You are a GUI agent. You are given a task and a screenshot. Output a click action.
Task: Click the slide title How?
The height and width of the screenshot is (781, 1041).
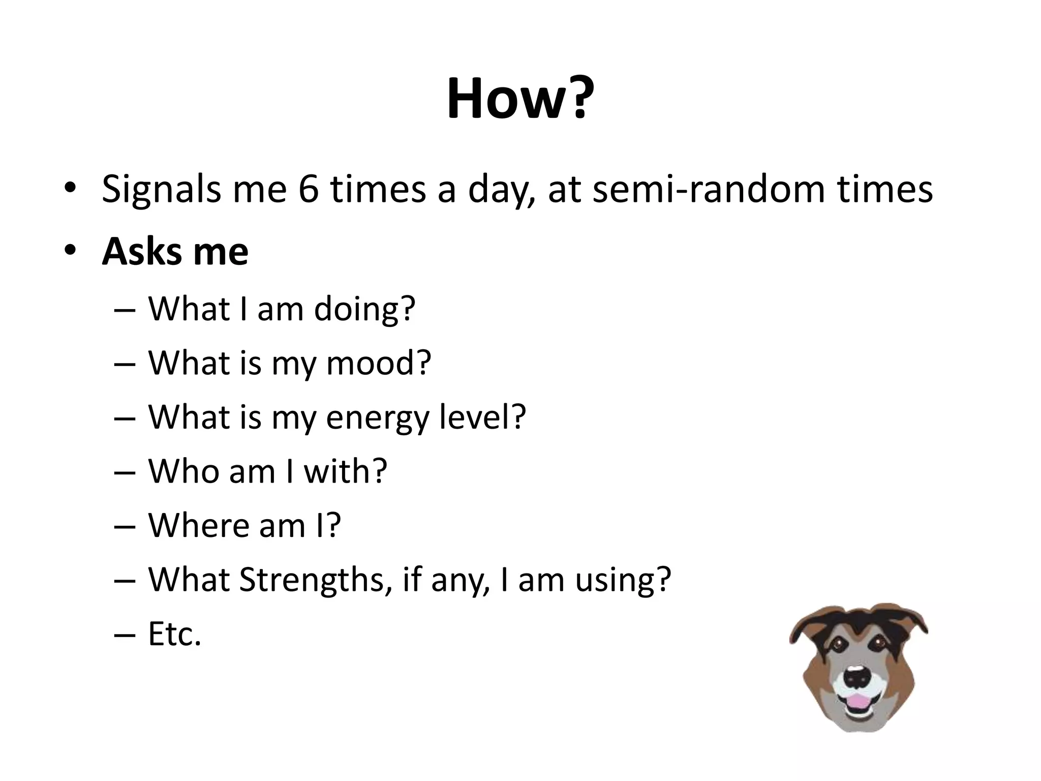pyautogui.click(x=520, y=99)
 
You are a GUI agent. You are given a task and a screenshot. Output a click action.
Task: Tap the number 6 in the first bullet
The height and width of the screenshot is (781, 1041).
pyautogui.click(x=309, y=189)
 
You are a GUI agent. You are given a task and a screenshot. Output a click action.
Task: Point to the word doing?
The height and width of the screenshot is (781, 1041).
pyautogui.click(x=364, y=309)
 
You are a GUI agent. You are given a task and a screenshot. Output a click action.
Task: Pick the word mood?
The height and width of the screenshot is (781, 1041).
pyautogui.click(x=378, y=363)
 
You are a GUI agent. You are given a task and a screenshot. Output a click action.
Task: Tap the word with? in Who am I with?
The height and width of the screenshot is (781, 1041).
pyautogui.click(x=346, y=471)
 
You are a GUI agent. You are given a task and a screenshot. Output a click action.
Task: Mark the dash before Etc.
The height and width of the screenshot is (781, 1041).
pyautogui.click(x=125, y=635)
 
